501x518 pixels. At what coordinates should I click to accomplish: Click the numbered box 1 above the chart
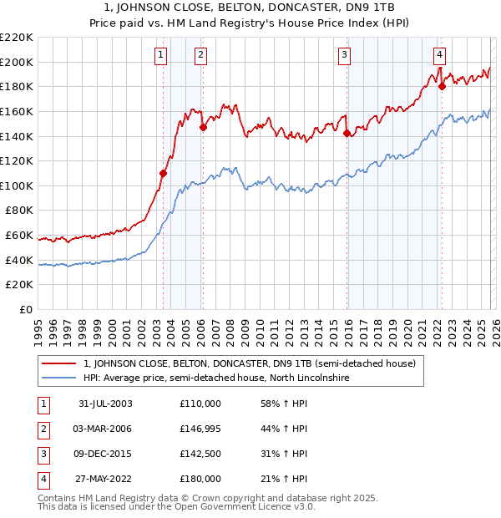[x=160, y=55]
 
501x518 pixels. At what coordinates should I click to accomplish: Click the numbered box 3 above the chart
[x=344, y=55]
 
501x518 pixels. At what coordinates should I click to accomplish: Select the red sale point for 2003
[x=164, y=173]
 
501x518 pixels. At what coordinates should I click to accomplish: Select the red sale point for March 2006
[x=202, y=128]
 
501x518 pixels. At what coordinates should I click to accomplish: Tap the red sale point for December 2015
[x=347, y=132]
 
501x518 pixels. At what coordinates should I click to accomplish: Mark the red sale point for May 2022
[x=442, y=85]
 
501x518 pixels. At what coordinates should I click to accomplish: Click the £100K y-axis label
[x=17, y=185]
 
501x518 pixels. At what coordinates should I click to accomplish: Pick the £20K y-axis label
[x=20, y=285]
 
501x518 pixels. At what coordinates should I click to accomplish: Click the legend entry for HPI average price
[x=215, y=378]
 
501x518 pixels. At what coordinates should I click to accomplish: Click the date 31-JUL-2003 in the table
[x=105, y=404]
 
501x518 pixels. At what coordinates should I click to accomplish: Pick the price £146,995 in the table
[x=200, y=429]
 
